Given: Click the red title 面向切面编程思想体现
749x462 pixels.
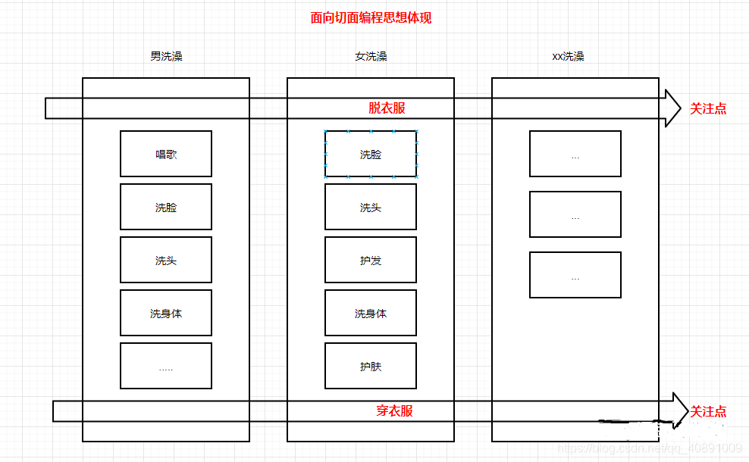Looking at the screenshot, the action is coord(371,18).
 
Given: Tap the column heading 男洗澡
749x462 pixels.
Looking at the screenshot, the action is coord(166,56).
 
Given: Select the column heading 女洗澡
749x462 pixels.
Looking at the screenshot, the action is coord(371,56).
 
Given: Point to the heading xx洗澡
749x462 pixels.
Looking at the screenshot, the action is coord(568,56).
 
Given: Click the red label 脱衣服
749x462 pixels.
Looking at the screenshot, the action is coord(387,108).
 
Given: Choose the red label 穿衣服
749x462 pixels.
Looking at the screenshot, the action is coord(394,411).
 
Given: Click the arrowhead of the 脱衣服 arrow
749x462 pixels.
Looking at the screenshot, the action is coord(680,108).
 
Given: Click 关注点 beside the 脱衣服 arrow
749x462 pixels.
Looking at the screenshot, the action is coord(708,109).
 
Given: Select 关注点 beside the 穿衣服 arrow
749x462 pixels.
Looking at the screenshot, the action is coord(708,411).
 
